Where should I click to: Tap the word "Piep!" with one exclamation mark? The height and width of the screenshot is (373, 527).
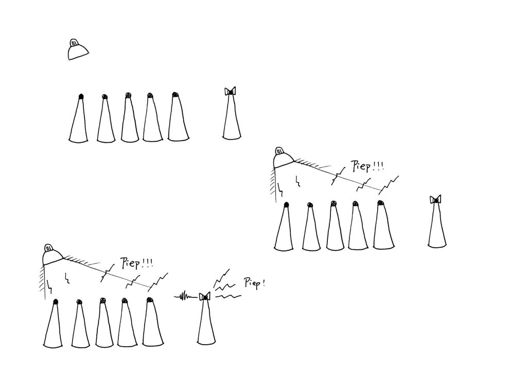point(254,283)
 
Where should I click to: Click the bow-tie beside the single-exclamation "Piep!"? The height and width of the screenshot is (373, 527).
point(204,297)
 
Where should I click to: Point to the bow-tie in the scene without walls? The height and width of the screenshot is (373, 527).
point(230,91)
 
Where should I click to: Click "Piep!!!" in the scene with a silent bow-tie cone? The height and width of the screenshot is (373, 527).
point(367,166)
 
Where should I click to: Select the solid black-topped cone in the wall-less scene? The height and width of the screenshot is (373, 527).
point(79,118)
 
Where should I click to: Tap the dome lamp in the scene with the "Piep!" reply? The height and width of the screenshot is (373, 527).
point(53,255)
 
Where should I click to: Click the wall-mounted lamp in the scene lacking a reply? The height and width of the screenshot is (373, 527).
point(284,158)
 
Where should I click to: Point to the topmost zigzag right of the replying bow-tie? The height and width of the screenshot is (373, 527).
point(221,276)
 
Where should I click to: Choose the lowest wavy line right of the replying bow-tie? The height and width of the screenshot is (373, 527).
point(228,296)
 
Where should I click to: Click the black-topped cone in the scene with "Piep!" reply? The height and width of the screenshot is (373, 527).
point(53,323)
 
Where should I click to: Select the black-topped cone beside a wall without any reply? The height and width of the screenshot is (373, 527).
point(284,226)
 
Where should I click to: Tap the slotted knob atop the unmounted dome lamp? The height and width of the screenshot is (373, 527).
point(74,43)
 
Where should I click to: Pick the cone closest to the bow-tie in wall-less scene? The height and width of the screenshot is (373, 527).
point(178,116)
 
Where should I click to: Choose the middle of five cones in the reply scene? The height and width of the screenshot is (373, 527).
point(104,323)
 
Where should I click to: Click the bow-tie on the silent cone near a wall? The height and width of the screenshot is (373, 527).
point(435,199)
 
